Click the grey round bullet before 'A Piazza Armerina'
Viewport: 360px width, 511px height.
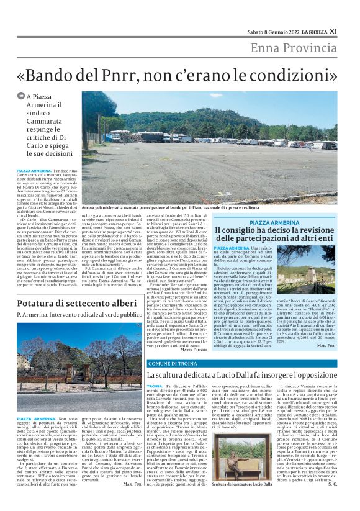point(21,97)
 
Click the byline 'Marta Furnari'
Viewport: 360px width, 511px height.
point(194,349)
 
